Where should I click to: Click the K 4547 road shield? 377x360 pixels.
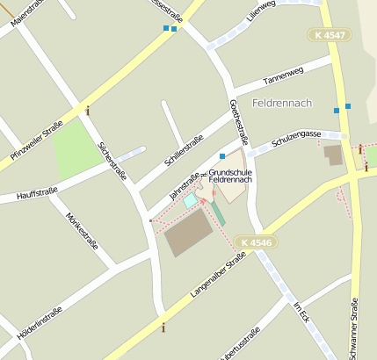(329, 35)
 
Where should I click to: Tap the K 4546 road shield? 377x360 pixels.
(256, 241)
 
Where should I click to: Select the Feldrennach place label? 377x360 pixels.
(281, 104)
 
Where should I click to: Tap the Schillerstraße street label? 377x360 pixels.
(184, 151)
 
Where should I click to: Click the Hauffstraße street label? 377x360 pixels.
(37, 193)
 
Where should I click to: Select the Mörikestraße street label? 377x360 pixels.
(77, 227)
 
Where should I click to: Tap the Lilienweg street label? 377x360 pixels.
(261, 11)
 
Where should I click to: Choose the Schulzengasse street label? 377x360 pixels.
(294, 139)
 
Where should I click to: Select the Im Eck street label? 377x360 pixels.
(303, 318)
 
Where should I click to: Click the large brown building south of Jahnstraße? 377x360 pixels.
(189, 233)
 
